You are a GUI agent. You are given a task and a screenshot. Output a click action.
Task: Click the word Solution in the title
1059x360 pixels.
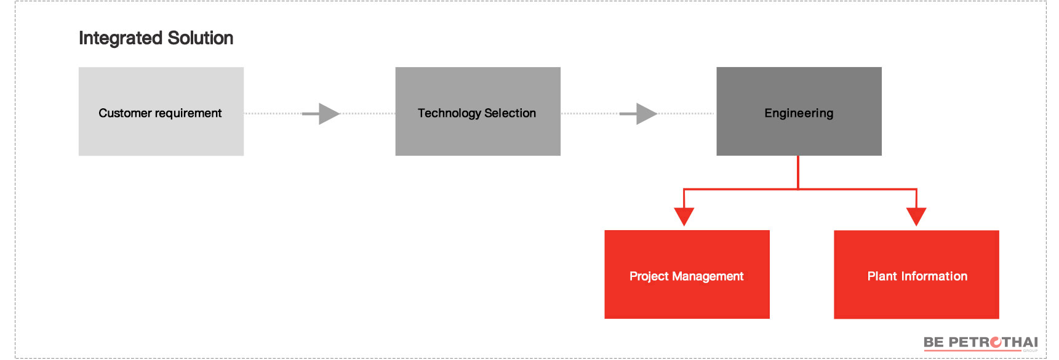[x=201, y=38]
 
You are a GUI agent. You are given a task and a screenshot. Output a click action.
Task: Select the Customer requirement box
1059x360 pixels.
[x=161, y=111]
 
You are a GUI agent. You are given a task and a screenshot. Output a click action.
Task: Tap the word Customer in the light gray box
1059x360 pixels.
[x=125, y=113]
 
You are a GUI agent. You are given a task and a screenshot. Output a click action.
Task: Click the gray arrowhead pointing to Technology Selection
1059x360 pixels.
[x=329, y=114]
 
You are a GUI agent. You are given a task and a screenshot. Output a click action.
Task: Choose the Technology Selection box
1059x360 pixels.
[x=478, y=111]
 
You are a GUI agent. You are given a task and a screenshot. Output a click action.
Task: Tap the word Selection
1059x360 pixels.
[x=510, y=113]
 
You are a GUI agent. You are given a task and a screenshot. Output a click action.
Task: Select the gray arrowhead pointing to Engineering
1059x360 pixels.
[x=647, y=114]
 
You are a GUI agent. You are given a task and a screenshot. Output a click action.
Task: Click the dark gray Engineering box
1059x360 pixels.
[x=799, y=111]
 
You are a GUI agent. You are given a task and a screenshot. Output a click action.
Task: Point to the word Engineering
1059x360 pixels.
[x=799, y=114]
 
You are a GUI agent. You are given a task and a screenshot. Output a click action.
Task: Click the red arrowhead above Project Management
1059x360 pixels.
[x=684, y=217]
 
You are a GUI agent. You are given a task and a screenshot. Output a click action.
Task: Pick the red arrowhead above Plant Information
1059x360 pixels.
[x=916, y=217]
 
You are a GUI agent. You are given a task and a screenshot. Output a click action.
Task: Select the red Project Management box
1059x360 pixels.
[x=687, y=274]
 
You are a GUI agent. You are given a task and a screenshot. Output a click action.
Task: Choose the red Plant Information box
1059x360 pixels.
[x=916, y=274]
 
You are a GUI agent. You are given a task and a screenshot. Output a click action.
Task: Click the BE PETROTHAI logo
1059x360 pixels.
[x=981, y=343]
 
